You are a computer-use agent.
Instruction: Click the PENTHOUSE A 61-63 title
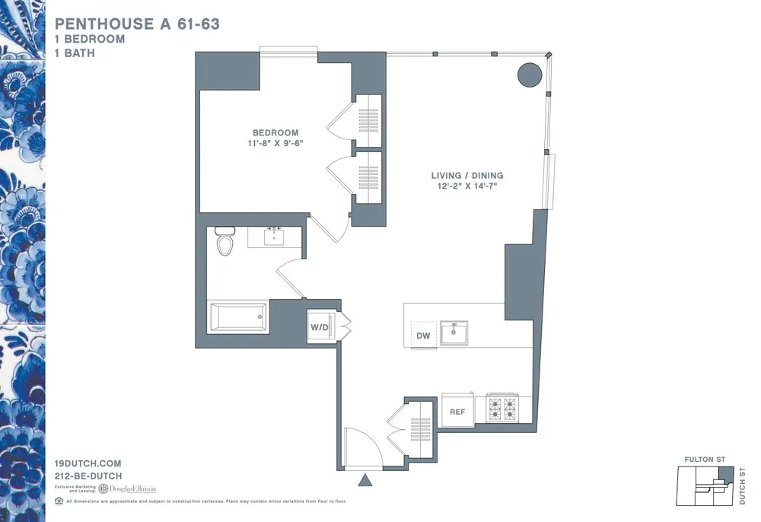(x=137, y=24)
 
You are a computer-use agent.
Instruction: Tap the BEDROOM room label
(x=276, y=132)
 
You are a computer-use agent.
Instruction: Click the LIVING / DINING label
(x=467, y=176)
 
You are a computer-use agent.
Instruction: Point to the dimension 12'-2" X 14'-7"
(x=467, y=186)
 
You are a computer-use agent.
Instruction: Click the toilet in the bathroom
(x=224, y=241)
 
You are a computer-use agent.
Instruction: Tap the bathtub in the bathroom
(x=237, y=317)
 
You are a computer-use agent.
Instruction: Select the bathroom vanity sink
(x=274, y=237)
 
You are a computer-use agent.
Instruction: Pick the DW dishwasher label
(x=424, y=336)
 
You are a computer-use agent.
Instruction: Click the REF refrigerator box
(x=457, y=412)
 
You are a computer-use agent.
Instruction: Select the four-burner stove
(x=501, y=409)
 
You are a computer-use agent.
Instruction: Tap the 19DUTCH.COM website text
(x=88, y=463)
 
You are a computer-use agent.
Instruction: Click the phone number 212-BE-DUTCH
(x=88, y=476)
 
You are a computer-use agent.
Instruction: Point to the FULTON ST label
(x=705, y=460)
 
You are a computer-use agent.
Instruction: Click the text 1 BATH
(x=75, y=53)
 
